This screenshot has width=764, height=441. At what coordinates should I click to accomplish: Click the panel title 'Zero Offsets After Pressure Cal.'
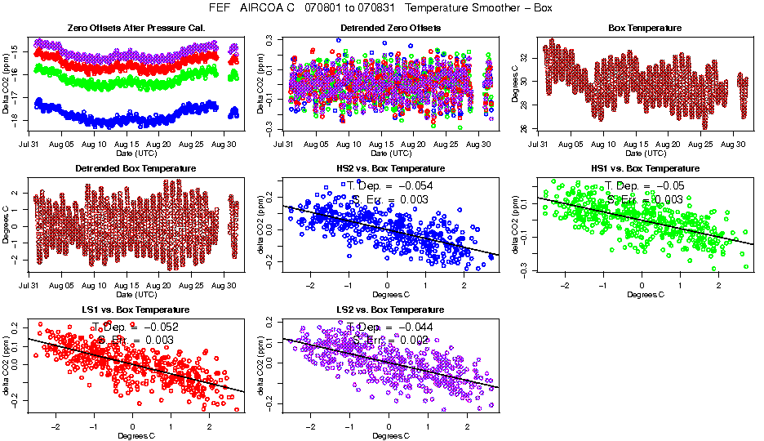(124, 28)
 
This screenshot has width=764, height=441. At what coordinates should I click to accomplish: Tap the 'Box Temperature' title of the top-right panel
(645, 28)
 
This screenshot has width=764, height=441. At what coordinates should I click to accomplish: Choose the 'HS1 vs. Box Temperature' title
(645, 168)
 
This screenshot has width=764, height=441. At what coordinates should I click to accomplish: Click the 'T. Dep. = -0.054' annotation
(390, 185)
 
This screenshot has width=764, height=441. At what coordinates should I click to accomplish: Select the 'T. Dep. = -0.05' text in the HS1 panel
(644, 185)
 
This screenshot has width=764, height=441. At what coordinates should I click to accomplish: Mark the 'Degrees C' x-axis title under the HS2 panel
(389, 294)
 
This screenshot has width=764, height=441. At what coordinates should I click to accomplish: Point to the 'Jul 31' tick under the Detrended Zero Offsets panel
(284, 144)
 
